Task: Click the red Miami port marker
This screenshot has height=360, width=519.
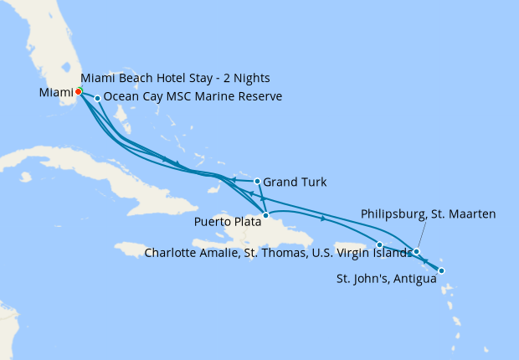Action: pyautogui.click(x=78, y=91)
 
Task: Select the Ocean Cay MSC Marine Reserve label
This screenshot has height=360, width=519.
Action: pyautogui.click(x=193, y=97)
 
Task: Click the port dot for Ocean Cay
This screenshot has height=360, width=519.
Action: pyautogui.click(x=98, y=98)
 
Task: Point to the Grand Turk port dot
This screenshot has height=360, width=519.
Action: pyautogui.click(x=257, y=181)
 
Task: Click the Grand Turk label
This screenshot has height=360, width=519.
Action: pyautogui.click(x=295, y=182)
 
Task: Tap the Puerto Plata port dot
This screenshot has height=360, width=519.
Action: pyautogui.click(x=265, y=215)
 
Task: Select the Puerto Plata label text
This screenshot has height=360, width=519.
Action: pyautogui.click(x=226, y=222)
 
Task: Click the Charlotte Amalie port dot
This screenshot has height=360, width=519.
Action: pyautogui.click(x=380, y=244)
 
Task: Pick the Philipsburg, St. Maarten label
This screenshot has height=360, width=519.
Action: pyautogui.click(x=429, y=214)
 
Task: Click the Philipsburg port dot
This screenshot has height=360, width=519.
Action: pyautogui.click(x=416, y=251)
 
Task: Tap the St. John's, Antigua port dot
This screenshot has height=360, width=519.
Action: pyautogui.click(x=441, y=270)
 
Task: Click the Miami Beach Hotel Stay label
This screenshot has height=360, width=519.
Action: pyautogui.click(x=175, y=78)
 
